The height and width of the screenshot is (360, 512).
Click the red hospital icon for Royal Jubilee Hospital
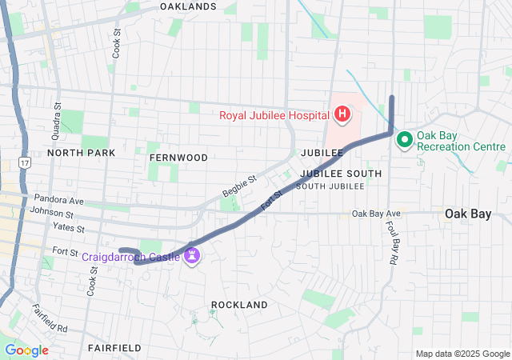pos(342,115)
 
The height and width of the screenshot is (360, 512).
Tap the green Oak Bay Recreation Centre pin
pos(404,141)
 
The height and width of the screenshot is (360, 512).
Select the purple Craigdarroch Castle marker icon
pos(191,256)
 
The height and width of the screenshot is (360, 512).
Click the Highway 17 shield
pos(26,162)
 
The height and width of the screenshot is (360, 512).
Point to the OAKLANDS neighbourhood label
pos(188,6)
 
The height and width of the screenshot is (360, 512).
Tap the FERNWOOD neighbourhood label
pos(178,158)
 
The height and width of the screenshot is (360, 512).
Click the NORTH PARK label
pos(81,152)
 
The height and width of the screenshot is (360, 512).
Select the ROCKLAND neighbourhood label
pos(239,305)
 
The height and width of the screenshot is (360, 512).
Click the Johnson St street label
pos(51,214)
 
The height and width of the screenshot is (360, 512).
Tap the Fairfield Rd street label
pos(50,318)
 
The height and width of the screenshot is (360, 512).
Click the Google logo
pos(26,350)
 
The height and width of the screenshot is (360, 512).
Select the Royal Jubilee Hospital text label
pos(274,115)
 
